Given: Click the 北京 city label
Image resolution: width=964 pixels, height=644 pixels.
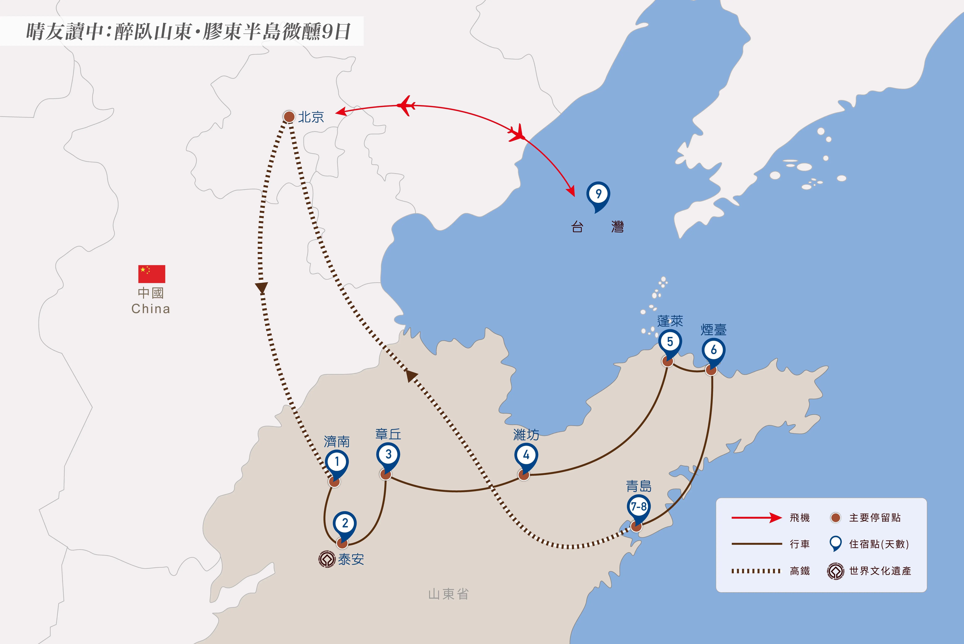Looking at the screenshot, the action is [x=311, y=117].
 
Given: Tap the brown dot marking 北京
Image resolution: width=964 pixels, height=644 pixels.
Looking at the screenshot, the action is [x=289, y=117].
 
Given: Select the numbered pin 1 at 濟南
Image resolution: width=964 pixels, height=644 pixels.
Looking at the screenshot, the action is [x=337, y=464].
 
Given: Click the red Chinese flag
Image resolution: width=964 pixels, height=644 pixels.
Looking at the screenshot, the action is [x=151, y=274].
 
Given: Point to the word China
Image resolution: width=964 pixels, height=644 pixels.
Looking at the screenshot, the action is [x=151, y=309].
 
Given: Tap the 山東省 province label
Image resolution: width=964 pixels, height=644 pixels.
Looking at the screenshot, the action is [x=448, y=594].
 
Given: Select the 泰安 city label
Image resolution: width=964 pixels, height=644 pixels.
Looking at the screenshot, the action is [x=351, y=559].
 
